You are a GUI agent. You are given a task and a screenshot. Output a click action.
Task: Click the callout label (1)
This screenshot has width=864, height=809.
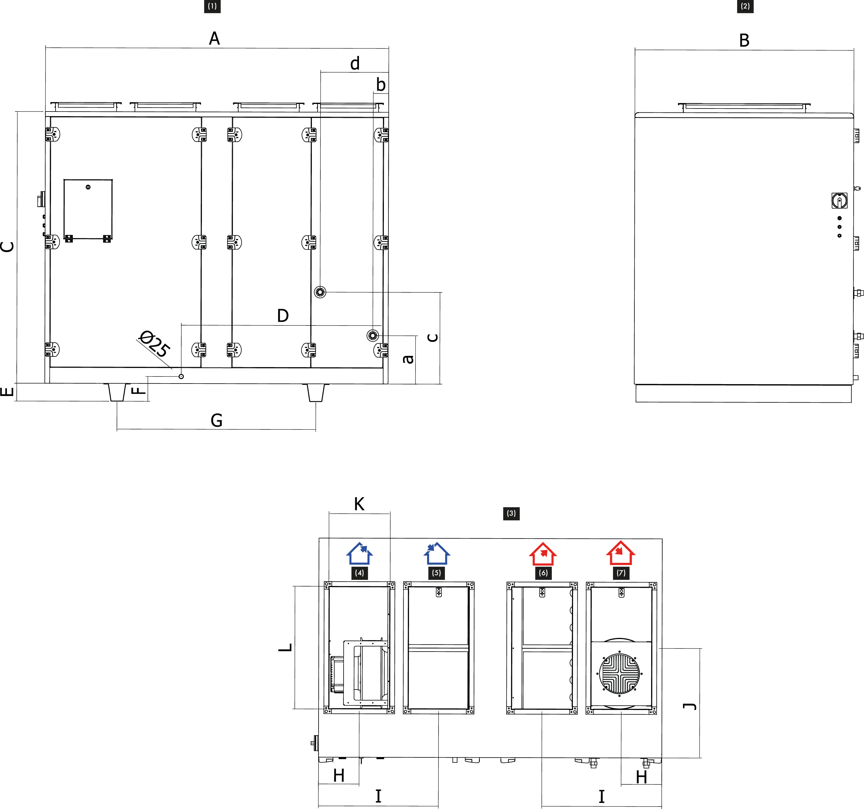tap(212, 6)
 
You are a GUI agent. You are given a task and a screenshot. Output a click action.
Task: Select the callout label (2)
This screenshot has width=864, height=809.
tap(745, 6)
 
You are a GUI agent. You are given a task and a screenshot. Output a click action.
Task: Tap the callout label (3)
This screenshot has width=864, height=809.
tap(511, 514)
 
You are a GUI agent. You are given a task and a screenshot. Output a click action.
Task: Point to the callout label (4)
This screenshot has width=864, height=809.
tap(360, 573)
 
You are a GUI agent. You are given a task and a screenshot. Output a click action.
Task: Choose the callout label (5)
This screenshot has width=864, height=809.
tap(436, 573)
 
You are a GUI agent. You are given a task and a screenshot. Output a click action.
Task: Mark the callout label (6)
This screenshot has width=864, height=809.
tap(543, 573)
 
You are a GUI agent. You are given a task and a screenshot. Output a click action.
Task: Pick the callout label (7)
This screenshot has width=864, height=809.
tap(621, 573)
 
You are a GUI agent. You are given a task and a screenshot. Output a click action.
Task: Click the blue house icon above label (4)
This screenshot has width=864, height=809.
tap(360, 554)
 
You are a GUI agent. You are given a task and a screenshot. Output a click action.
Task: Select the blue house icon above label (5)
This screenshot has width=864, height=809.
tap(436, 554)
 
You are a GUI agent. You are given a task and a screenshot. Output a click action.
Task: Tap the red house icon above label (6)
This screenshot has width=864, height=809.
tap(543, 554)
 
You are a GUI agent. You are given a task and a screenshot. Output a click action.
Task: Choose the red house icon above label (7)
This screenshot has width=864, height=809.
tap(621, 553)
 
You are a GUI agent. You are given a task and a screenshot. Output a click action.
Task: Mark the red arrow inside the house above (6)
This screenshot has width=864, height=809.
tap(544, 553)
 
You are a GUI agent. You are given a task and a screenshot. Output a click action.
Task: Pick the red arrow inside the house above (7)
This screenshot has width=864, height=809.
tap(619, 551)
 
